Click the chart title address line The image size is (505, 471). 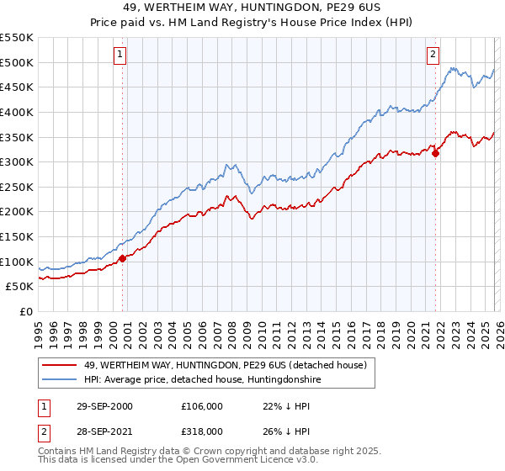252,8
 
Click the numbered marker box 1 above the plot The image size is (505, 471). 120,55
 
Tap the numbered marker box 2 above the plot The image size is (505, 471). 433,55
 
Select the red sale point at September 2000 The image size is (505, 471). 123,258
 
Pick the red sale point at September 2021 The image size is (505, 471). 435,152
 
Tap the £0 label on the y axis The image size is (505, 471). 25,312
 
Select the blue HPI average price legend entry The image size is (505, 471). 202,380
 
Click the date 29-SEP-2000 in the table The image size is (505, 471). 104,406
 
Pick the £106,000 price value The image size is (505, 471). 202,406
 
